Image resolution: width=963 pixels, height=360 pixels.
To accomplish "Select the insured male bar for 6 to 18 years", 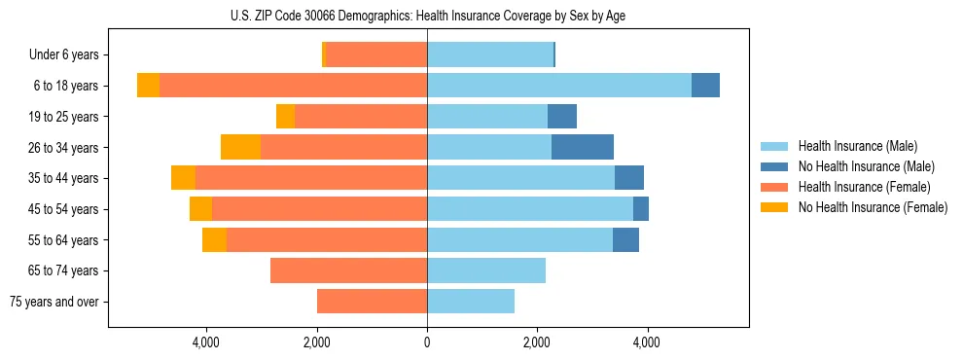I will [x=559, y=86].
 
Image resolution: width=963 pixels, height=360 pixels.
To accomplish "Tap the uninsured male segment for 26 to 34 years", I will [x=583, y=147].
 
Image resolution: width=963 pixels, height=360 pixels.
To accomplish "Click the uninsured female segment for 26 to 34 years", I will [x=240, y=147].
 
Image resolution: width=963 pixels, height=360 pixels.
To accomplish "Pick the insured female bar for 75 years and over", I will [x=372, y=302].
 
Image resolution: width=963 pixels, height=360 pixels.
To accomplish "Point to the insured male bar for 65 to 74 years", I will [x=486, y=270].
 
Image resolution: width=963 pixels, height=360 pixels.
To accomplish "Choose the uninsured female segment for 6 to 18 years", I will [x=148, y=86].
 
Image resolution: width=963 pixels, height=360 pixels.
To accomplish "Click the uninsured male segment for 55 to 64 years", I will [x=625, y=239].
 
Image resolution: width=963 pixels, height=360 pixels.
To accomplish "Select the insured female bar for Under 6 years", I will [x=376, y=54].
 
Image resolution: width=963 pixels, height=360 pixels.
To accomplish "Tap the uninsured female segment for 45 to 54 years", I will [x=200, y=209].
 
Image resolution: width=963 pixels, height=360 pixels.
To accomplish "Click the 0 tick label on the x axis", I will [x=427, y=342].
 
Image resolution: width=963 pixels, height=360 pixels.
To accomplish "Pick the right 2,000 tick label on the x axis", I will [x=537, y=342].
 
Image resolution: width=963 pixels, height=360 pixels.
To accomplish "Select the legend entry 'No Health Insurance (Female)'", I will [x=873, y=207].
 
